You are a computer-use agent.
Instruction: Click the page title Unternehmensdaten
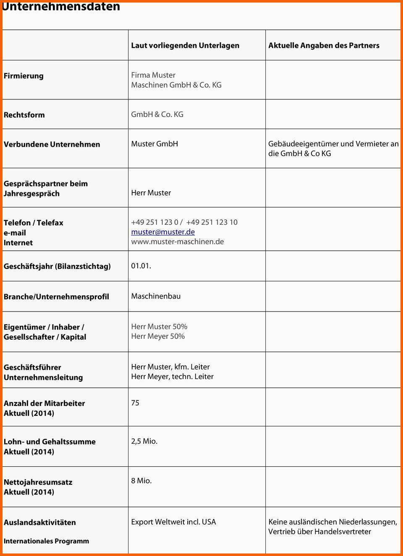61,6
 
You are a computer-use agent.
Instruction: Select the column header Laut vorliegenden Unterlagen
185,45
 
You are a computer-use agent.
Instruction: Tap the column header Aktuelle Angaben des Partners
324,45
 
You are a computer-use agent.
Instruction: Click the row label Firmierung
24,76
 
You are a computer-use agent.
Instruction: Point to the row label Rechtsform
24,115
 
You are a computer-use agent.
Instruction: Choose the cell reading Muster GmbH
154,144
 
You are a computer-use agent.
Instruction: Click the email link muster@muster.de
163,232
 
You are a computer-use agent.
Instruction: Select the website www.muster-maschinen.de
177,242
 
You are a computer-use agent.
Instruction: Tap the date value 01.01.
141,266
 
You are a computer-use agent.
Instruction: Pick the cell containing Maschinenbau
156,296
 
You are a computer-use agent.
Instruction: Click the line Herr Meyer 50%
158,336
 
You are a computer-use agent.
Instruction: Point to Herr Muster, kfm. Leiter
170,367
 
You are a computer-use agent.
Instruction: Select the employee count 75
135,403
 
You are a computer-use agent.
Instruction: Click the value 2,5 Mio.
144,441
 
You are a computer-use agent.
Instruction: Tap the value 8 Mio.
141,481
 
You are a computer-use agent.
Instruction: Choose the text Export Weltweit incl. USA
173,522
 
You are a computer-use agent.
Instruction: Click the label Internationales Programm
46,541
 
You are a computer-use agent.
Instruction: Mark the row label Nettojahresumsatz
38,482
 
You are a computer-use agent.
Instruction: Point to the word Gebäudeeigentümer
303,144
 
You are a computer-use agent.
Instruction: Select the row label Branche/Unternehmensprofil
56,297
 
